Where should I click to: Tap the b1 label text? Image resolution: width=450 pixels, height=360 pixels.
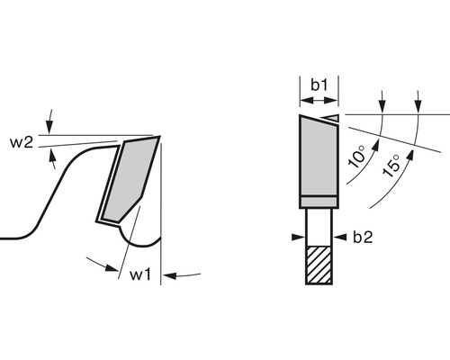(319, 85)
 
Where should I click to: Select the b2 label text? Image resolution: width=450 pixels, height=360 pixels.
(362, 238)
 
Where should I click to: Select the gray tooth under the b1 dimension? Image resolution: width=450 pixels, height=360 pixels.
(318, 157)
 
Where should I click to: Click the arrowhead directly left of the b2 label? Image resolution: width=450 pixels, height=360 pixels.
(339, 238)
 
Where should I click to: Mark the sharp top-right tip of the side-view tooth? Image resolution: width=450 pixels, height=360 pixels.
(159, 138)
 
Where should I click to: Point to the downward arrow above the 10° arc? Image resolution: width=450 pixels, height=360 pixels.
(383, 101)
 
